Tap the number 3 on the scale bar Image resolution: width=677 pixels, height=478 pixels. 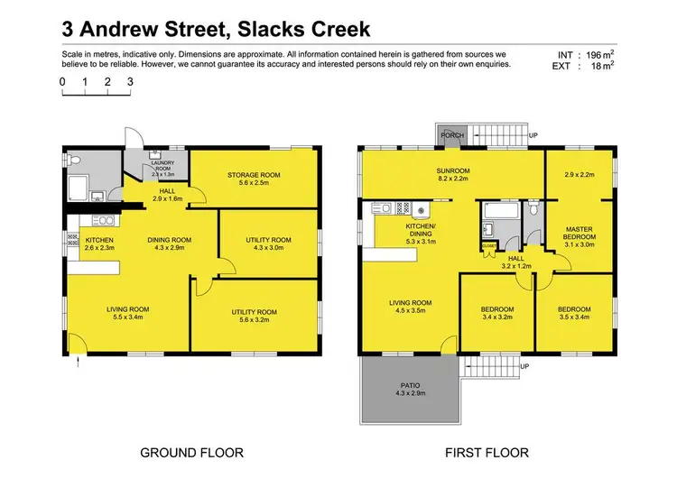pyautogui.click(x=130, y=81)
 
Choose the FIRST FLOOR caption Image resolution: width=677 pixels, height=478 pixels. pyautogui.click(x=488, y=452)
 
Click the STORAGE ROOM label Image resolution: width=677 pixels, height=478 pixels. pyautogui.click(x=254, y=175)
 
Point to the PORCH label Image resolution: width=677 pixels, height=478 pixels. pyautogui.click(x=451, y=136)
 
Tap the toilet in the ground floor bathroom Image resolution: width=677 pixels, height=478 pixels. pyautogui.click(x=76, y=161)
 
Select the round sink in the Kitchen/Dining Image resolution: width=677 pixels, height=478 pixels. pyautogui.click(x=420, y=213)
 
